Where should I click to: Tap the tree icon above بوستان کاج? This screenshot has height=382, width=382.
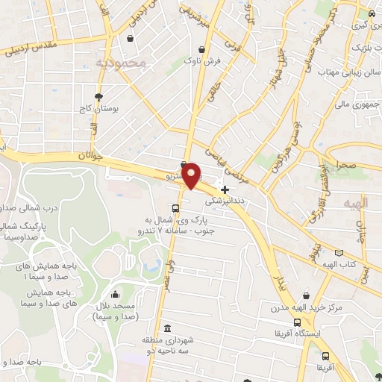tap(98, 96)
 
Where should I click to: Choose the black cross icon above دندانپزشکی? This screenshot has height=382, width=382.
tap(225, 190)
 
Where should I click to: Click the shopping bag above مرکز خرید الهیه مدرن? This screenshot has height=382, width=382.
tap(308, 295)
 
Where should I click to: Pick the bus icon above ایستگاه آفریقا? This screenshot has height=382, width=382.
tap(297, 323)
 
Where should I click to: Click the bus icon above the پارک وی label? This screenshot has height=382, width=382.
tap(175, 208)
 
